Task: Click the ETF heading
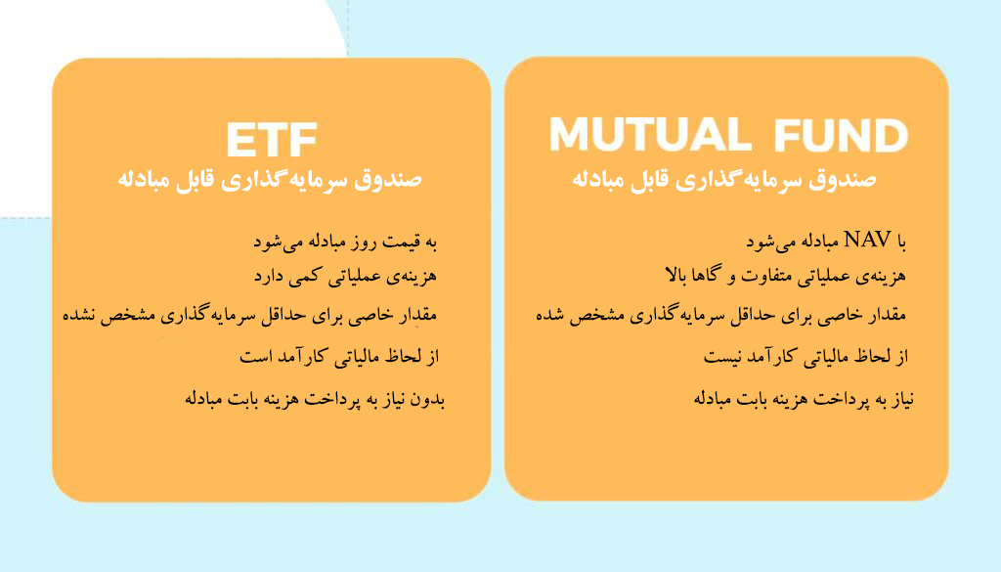272,139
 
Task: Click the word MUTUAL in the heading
650,134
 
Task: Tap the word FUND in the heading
841,135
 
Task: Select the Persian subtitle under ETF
270,179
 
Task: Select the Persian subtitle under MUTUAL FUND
724,179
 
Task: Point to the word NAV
868,240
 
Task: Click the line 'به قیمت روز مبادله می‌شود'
345,242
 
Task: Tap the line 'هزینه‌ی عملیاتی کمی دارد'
345,277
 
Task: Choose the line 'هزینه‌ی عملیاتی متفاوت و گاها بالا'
785,276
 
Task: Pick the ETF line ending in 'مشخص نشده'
249,316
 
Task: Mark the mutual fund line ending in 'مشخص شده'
720,316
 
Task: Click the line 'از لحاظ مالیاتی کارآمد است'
339,356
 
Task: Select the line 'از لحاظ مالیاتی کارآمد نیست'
805,356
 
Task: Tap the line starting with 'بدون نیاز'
315,399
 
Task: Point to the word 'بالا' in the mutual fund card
676,275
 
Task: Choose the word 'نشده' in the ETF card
79,316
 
